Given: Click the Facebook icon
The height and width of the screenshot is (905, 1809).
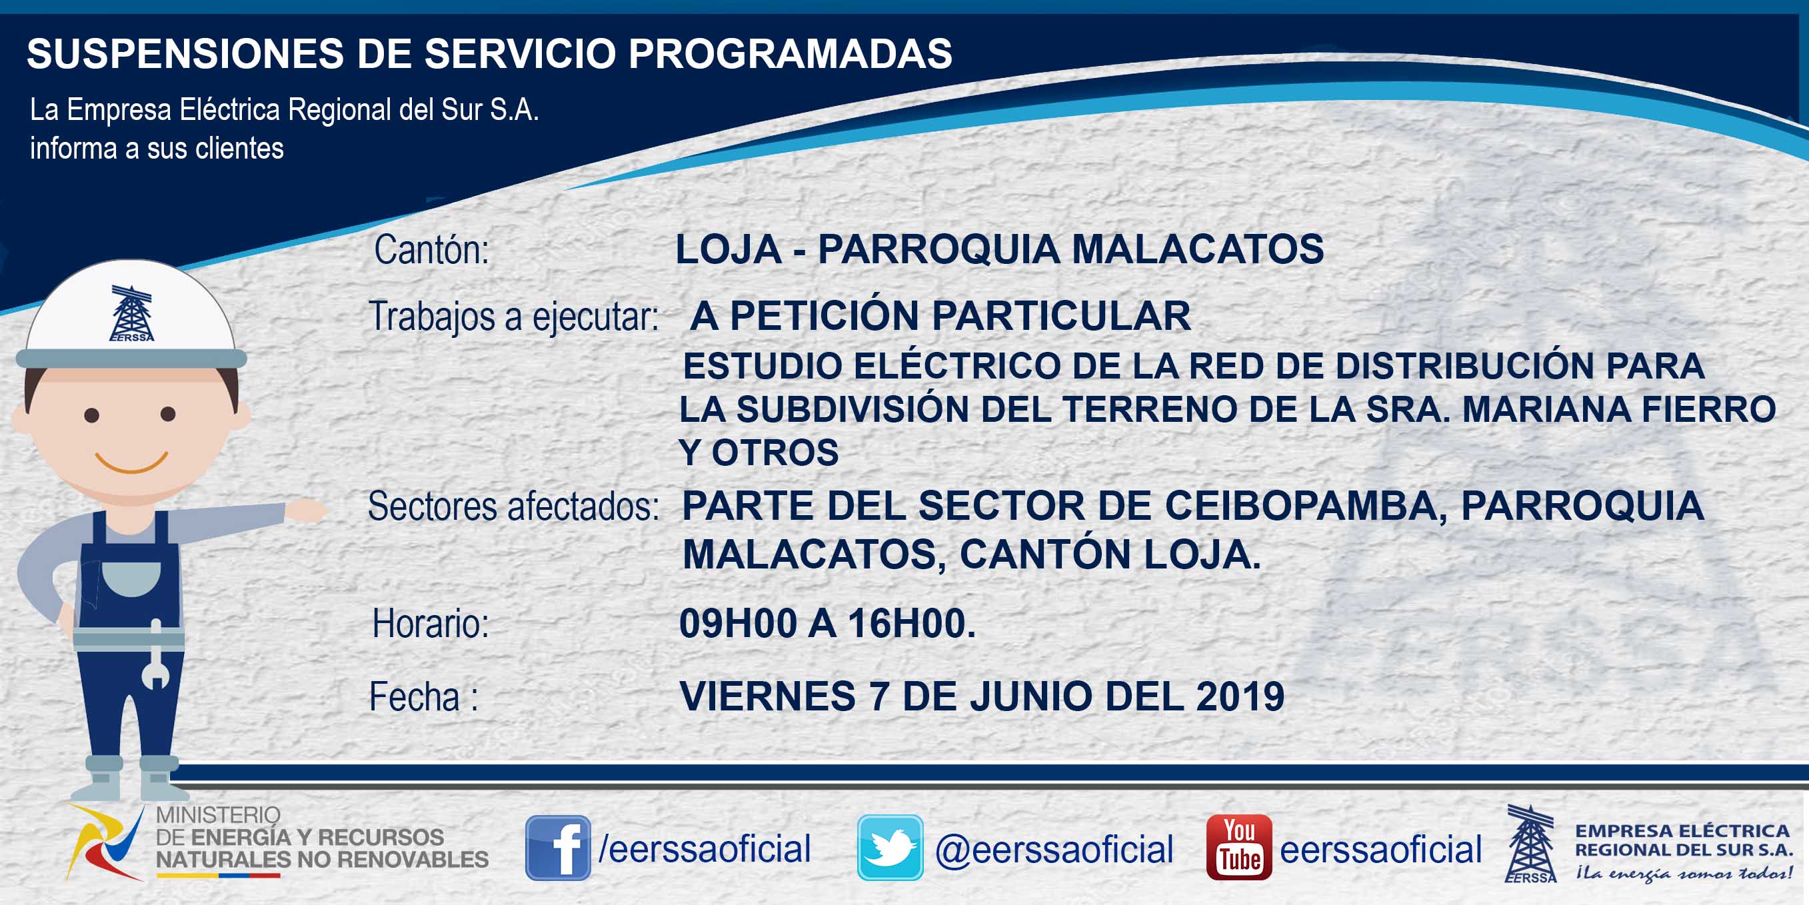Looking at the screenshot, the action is pos(558,848).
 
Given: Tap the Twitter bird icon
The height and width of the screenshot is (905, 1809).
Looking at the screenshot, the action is pos(890,848).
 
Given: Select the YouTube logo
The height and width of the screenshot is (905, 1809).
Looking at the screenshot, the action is pos(1238,848).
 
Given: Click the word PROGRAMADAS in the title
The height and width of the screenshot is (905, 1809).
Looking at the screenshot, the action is pos(790,53).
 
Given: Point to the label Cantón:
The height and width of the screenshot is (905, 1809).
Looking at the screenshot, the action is pos(431,249).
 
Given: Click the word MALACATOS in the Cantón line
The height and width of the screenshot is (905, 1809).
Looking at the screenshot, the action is pos(1197,249).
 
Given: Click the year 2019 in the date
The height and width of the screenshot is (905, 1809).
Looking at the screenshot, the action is pos(1240,696).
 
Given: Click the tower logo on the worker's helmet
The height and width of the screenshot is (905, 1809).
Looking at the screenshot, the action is pos(131,313).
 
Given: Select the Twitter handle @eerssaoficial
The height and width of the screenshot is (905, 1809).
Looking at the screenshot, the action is pos(1054,850).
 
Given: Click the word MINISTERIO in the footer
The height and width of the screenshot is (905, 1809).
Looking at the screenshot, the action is pos(219,814).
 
